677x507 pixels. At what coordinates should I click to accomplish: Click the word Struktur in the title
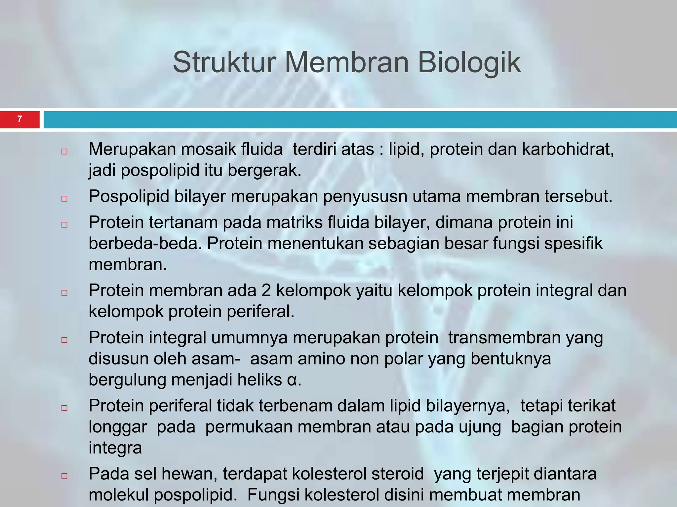pyautogui.click(x=224, y=62)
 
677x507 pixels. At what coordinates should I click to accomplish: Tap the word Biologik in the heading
pyautogui.click(x=469, y=62)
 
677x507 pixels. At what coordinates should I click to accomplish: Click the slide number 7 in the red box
pyautogui.click(x=20, y=119)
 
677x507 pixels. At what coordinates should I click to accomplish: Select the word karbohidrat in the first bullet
pyautogui.click(x=568, y=150)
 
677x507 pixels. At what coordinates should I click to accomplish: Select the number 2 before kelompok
pyautogui.click(x=266, y=291)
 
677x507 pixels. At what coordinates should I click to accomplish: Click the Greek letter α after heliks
pyautogui.click(x=292, y=380)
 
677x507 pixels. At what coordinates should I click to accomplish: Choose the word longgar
pyautogui.click(x=118, y=427)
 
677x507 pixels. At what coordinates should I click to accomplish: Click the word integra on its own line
pyautogui.click(x=115, y=448)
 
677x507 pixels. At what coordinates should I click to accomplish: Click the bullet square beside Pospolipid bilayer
pyautogui.click(x=64, y=199)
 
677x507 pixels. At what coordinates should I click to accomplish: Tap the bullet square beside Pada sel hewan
pyautogui.click(x=64, y=476)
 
